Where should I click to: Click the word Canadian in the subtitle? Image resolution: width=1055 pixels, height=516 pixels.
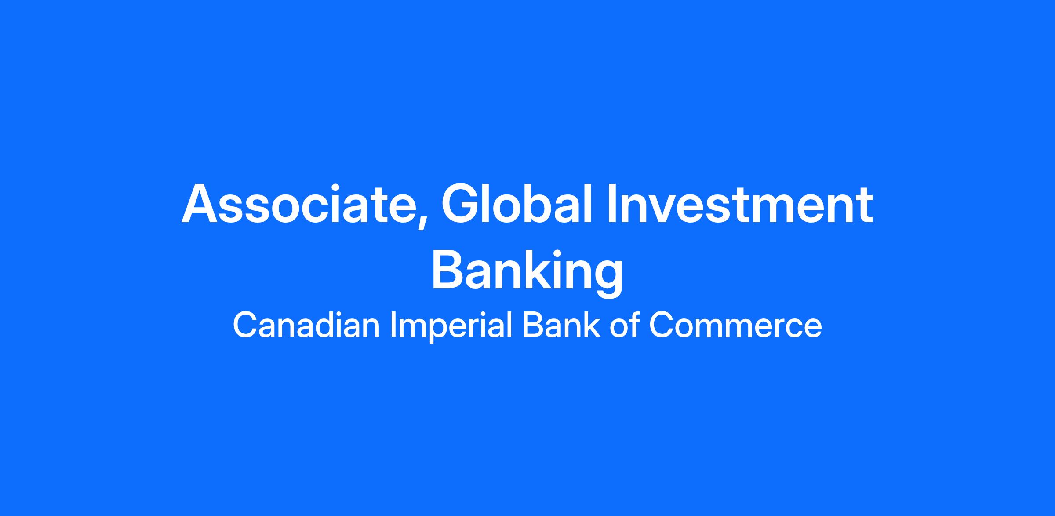pos(306,325)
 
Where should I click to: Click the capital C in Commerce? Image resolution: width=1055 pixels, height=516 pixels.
pos(662,325)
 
